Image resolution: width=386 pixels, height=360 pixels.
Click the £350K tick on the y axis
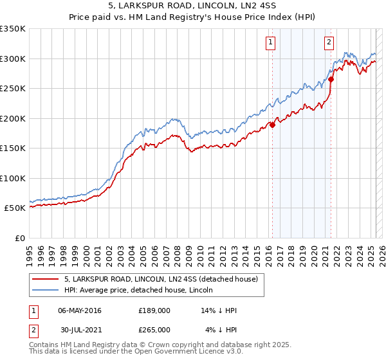[13, 29]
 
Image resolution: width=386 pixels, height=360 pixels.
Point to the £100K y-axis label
[13, 178]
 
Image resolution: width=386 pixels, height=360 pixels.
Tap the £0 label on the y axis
[20, 238]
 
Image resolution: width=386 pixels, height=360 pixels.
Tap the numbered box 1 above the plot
[270, 43]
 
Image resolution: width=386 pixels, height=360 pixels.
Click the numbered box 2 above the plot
[329, 43]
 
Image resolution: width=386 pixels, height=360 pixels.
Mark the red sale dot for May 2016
[272, 125]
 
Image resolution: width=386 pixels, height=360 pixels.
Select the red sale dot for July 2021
[331, 80]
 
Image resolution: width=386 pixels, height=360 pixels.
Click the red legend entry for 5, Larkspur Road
[161, 279]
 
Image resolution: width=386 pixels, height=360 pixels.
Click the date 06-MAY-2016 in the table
[80, 310]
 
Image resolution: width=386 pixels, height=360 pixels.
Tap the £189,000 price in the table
[154, 310]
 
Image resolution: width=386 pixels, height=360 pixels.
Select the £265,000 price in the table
[154, 329]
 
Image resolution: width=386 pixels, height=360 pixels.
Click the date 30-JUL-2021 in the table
[80, 329]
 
